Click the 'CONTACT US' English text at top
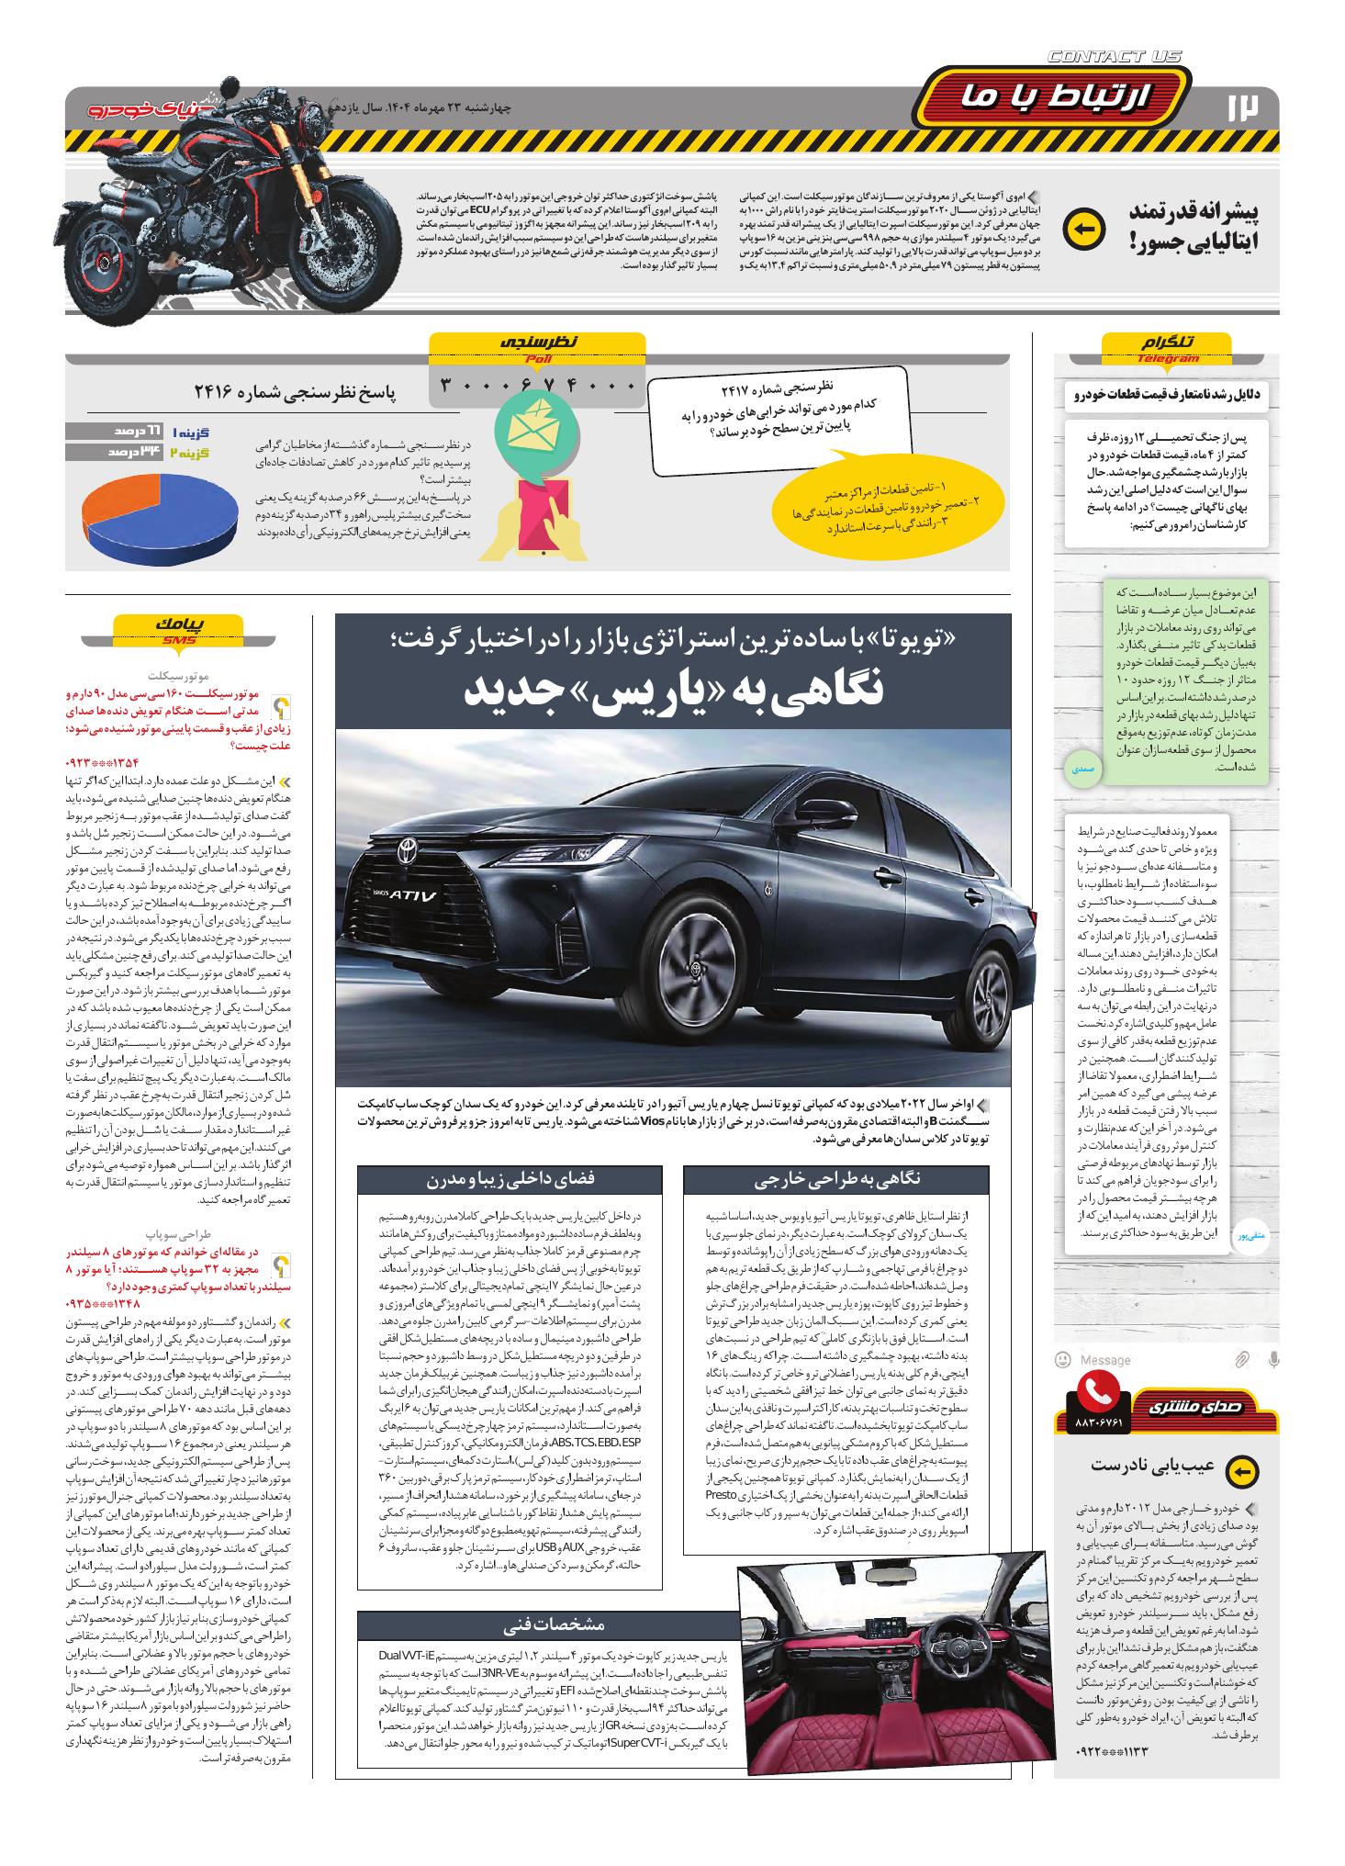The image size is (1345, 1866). pos(1114,57)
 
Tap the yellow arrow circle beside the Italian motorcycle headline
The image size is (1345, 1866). pos(1083,230)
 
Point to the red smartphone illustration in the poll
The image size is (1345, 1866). pos(543,516)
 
